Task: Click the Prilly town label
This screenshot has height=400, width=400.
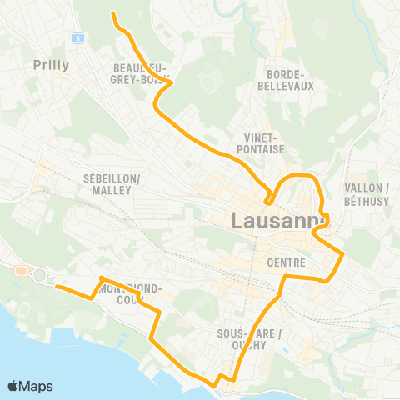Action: click(51, 64)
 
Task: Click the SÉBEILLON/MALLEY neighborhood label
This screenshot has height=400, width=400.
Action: click(112, 184)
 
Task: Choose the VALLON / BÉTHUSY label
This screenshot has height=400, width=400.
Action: click(362, 194)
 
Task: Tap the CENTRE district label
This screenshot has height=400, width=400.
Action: click(287, 263)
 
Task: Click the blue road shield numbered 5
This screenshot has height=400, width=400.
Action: click(77, 37)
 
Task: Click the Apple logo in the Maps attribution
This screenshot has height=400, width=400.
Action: click(13, 386)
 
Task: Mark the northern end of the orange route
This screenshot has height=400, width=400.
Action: click(112, 13)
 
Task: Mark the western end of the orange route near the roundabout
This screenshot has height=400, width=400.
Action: click(57, 287)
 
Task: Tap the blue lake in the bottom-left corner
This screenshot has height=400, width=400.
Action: click(33, 350)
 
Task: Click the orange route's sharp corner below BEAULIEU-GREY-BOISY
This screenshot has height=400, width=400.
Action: click(171, 83)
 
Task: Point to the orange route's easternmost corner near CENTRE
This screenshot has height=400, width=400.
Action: click(342, 252)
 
